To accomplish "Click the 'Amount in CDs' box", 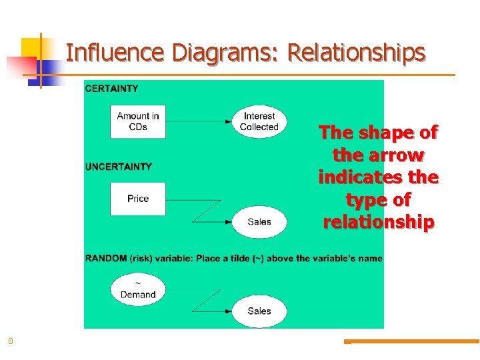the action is point(138,121).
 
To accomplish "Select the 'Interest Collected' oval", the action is point(259,121).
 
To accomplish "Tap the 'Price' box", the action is point(138,199).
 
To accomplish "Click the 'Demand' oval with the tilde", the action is point(138,290).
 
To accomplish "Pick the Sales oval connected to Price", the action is point(259,222).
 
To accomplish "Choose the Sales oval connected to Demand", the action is point(259,311).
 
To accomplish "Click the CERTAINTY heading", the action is point(112,89).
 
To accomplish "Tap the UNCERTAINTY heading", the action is point(119,167).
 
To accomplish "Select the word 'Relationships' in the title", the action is point(357,52).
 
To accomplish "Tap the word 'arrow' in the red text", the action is point(399,155).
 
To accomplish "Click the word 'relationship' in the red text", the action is point(379,221).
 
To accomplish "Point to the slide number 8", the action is point(11,341).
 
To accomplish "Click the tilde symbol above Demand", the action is point(138,283).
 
